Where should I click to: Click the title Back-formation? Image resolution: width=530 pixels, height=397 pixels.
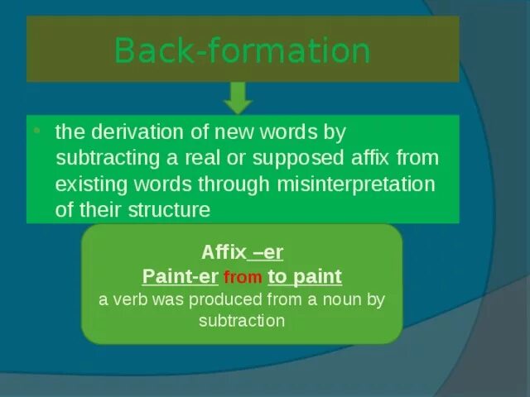pos(242,50)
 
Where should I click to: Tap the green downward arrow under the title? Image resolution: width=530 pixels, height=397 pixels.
pos(238,98)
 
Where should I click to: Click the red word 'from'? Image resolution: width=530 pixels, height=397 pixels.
pos(243,278)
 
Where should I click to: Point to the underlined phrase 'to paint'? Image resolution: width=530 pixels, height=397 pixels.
pos(305,276)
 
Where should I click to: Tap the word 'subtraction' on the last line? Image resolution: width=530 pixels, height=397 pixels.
pos(242,320)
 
